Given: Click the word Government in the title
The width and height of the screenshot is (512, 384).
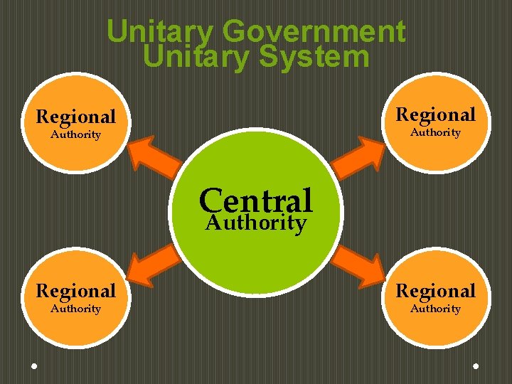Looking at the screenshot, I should pos(314,32).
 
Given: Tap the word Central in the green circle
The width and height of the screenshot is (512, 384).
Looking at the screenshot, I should pos(256,200).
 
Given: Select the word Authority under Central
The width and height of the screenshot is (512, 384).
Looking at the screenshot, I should pos(256,223).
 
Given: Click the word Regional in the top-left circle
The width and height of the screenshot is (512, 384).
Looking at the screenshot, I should pos(76,117).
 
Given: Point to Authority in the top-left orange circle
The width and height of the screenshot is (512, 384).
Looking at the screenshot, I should pos(76,134).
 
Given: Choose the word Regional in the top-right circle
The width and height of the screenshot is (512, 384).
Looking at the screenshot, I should pos(435,114).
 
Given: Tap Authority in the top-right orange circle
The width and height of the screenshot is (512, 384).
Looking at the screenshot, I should pos(435,132).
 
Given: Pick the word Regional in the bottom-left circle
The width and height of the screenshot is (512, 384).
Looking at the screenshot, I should pos(76,291).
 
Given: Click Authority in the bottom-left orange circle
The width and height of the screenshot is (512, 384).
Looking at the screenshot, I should pos(76,309).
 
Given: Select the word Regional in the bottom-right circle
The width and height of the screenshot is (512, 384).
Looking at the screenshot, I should pos(435,291).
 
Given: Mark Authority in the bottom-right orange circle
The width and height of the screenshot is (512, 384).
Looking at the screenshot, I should pos(435,309).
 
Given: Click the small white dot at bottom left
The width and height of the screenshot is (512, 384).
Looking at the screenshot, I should pos(34,366).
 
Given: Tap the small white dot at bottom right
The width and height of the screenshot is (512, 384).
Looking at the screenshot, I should pos(476,366).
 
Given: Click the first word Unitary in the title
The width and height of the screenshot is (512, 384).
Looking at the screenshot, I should pos(161,32).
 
